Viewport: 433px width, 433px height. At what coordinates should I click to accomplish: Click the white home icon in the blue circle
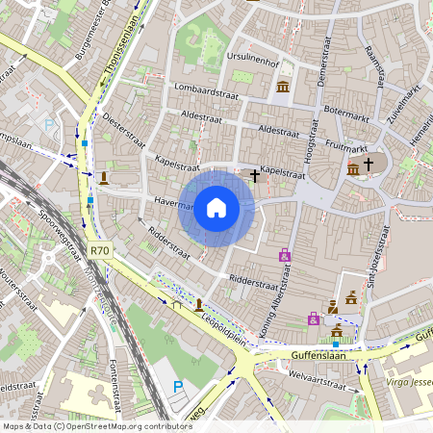pos(216,208)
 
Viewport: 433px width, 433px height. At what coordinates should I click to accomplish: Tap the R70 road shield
pos(99,250)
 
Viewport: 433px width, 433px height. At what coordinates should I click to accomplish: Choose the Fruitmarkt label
pos(346,149)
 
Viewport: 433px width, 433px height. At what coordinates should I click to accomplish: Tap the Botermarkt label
pos(347,111)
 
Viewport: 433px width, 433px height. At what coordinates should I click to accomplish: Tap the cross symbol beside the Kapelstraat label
pos(254,175)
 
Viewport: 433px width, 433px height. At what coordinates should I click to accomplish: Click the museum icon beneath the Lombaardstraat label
pos(283,88)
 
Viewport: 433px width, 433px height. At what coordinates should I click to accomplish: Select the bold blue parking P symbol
pos(178,387)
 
